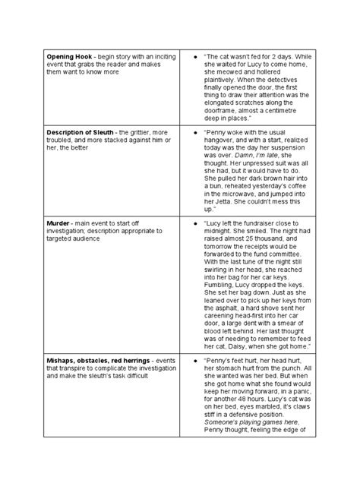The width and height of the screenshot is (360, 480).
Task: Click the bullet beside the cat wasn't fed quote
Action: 196,58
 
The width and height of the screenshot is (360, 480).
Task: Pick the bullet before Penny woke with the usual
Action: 196,131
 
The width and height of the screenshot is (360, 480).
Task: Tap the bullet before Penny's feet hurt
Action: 196,359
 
